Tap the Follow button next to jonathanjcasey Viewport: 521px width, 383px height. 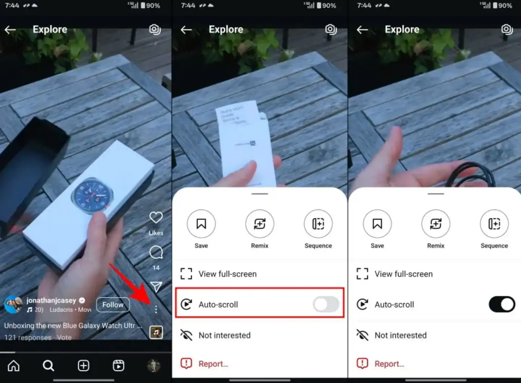113,305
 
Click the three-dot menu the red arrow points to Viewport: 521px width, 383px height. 156,309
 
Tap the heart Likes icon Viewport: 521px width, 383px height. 156,218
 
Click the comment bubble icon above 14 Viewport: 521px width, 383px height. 156,253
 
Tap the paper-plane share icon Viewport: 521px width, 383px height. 156,287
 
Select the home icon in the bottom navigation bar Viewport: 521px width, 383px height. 14,366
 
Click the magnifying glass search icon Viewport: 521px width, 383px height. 48,366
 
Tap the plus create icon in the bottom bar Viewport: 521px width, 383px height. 84,366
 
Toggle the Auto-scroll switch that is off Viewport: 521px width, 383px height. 326,304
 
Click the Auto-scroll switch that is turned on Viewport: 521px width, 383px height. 501,304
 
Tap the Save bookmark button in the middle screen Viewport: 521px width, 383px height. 201,224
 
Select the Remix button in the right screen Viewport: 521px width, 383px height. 436,224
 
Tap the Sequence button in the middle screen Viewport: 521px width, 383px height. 318,224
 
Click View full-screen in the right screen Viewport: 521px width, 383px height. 403,274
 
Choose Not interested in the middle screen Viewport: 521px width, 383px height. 224,335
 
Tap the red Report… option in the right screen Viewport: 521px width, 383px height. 389,364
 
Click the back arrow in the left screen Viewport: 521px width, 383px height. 10,30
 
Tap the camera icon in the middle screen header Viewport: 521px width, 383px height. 331,29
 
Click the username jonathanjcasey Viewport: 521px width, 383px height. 51,300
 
